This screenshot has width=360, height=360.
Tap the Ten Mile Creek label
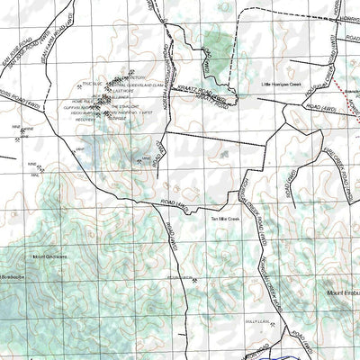point(226,219)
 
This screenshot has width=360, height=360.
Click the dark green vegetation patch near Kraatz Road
point(216,41)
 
